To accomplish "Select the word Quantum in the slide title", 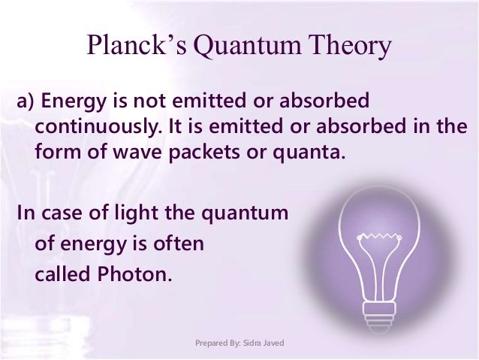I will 247,47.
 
